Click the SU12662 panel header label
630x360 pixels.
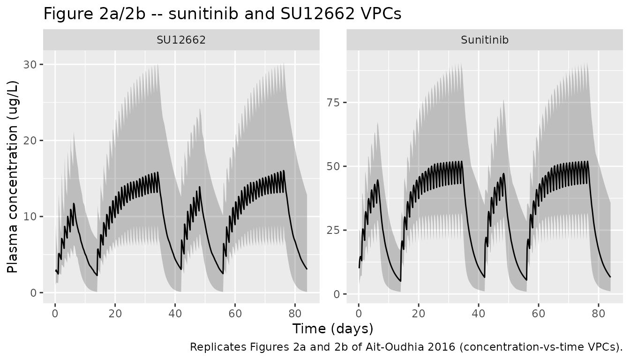[x=181, y=40]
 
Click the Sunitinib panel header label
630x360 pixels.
[x=485, y=40]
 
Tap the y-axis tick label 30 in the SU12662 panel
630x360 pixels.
[x=30, y=65]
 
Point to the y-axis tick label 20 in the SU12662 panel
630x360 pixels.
[x=30, y=141]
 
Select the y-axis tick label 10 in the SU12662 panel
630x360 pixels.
[x=30, y=217]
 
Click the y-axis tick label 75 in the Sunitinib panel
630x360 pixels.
[x=334, y=103]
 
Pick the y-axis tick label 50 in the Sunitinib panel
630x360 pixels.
[x=334, y=166]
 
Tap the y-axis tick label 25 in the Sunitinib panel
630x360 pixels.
[x=334, y=230]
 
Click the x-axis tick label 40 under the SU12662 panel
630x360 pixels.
[x=175, y=313]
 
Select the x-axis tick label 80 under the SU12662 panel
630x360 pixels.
[x=295, y=313]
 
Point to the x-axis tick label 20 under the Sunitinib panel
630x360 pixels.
[x=419, y=313]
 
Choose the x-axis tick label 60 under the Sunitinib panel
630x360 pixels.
[x=538, y=313]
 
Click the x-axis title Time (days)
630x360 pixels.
[x=333, y=329]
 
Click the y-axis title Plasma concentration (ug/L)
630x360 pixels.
[x=12, y=177]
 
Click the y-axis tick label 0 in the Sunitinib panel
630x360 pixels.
[x=337, y=294]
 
